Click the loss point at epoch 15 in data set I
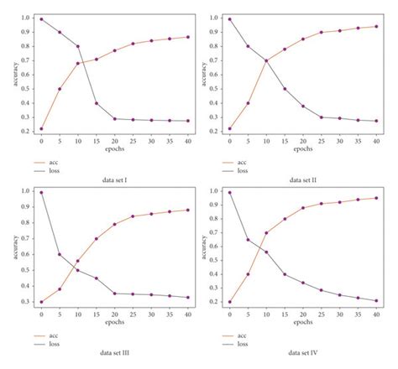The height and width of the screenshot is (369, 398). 121,103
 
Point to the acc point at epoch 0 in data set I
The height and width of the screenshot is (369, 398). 41,129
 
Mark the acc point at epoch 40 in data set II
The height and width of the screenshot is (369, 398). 375,26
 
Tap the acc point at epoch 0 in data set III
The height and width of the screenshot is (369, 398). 41,302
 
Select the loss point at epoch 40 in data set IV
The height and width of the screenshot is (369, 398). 375,300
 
